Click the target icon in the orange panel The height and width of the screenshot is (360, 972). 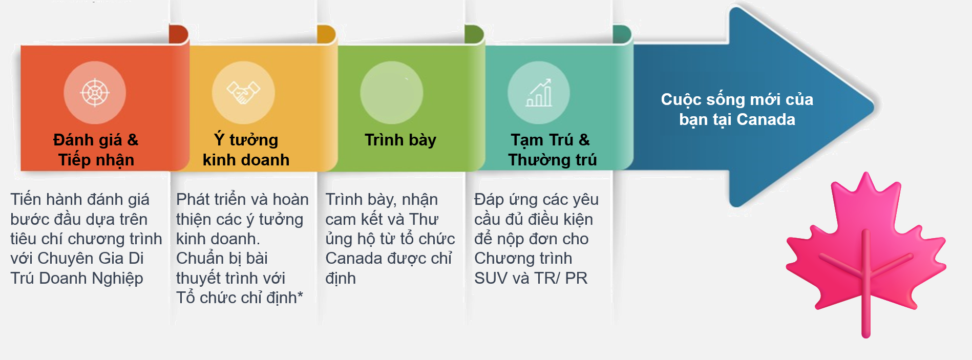click(95, 93)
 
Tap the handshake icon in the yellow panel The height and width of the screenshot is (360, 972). click(243, 93)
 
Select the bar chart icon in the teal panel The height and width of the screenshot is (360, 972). click(539, 93)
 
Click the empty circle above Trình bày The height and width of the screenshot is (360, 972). click(392, 93)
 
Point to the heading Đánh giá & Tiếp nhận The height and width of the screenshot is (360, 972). click(96, 150)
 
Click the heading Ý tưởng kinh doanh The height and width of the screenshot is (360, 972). click(246, 150)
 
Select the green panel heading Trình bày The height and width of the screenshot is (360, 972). click(400, 140)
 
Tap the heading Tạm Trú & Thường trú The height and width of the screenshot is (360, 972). click(552, 150)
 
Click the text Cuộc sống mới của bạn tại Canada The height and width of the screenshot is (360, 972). click(737, 109)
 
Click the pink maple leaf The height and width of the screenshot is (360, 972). click(865, 251)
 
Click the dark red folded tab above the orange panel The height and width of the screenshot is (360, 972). click(179, 34)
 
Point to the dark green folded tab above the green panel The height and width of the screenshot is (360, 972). click(474, 34)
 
